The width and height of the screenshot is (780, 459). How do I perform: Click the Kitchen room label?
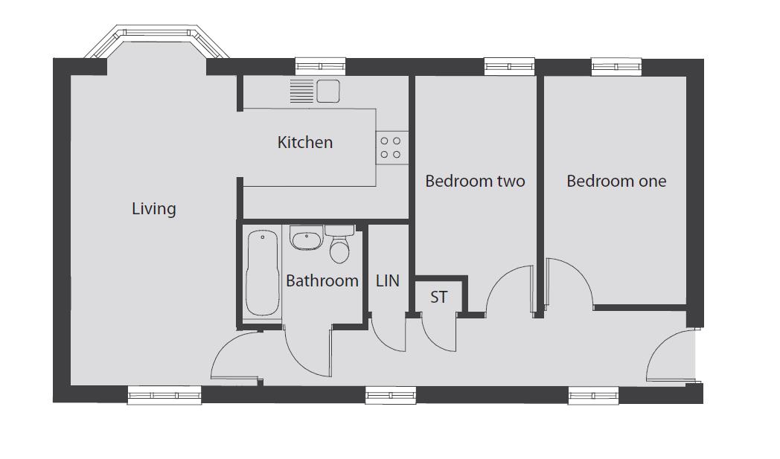pyautogui.click(x=305, y=143)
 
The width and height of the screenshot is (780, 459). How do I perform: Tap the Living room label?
pyautogui.click(x=154, y=209)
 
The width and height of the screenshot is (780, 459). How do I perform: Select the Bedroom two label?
pyautogui.click(x=475, y=181)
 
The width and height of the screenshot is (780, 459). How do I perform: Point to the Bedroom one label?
pyautogui.click(x=616, y=181)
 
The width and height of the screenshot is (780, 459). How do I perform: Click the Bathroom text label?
pyautogui.click(x=322, y=281)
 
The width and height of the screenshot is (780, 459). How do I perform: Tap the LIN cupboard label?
pyautogui.click(x=388, y=281)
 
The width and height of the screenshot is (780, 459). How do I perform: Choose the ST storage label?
pyautogui.click(x=438, y=298)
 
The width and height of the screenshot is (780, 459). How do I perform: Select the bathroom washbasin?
pyautogui.click(x=305, y=239)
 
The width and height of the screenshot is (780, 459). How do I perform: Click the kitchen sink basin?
pyautogui.click(x=328, y=91)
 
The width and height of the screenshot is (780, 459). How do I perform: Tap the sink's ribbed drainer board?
pyautogui.click(x=302, y=91)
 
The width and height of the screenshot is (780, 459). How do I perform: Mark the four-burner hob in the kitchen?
pyautogui.click(x=391, y=148)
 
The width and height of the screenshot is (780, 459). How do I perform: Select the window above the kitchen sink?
pyautogui.click(x=320, y=66)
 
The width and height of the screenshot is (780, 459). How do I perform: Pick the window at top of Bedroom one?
pyautogui.click(x=616, y=67)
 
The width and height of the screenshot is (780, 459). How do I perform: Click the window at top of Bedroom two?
pyautogui.click(x=509, y=66)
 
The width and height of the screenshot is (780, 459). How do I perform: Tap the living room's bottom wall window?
pyautogui.click(x=164, y=395)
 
